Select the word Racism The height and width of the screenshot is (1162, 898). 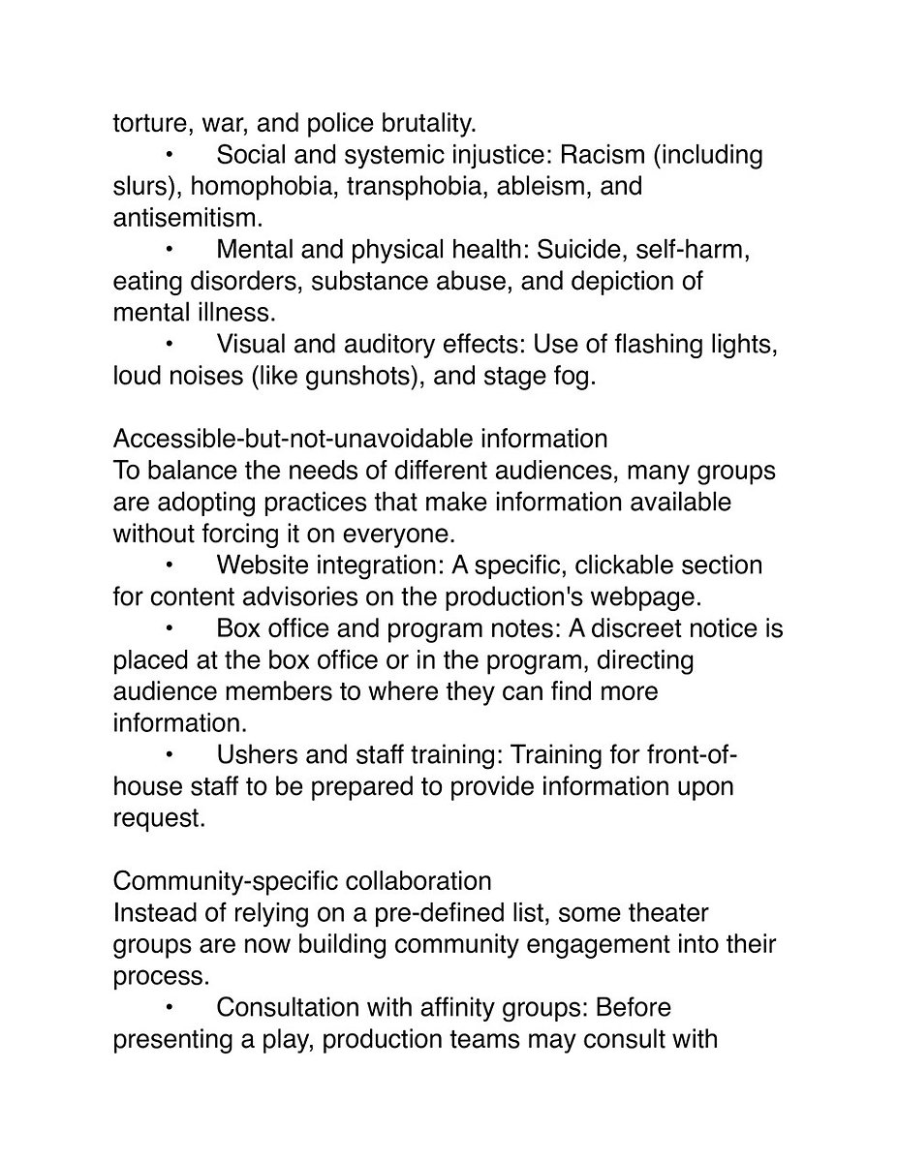point(609,155)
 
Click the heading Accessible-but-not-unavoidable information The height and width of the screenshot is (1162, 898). point(360,439)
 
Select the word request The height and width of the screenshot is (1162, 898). point(157,817)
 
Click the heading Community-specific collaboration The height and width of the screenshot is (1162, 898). point(302,881)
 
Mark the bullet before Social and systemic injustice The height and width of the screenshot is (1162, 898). point(169,155)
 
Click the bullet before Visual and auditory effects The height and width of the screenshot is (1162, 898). point(169,344)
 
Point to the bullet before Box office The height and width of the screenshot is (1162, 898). point(169,628)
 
